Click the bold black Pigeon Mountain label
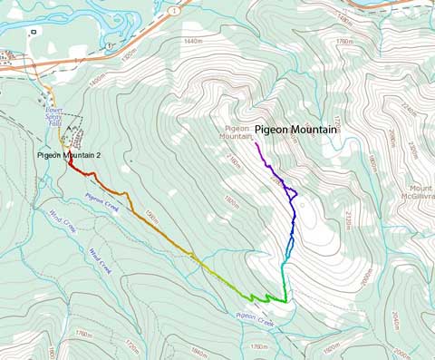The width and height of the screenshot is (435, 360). (295, 131)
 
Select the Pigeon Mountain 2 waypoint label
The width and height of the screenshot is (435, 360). (74, 156)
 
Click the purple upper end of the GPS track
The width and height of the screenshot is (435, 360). (257, 144)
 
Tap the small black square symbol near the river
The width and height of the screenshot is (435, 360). (34, 32)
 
